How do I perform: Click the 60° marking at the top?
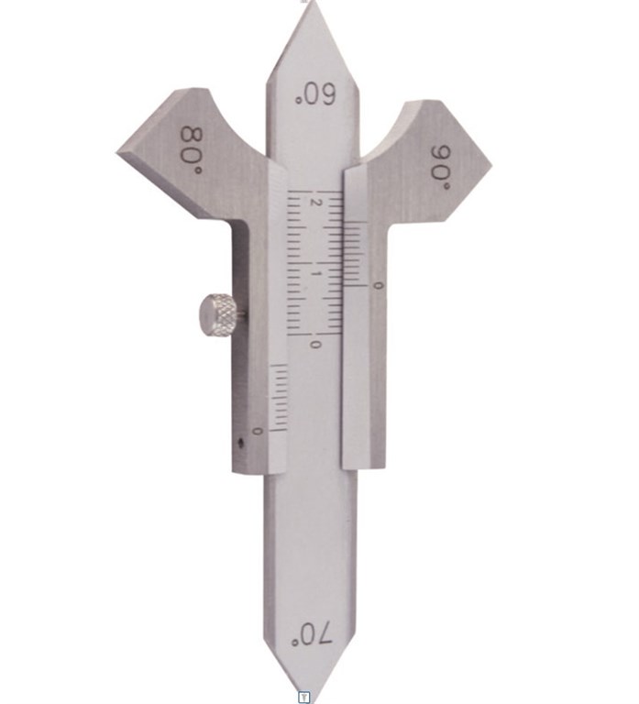click(x=313, y=93)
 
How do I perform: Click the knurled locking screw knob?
click(x=215, y=313)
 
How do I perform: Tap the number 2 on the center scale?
click(x=316, y=202)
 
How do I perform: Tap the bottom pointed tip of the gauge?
click(x=306, y=688)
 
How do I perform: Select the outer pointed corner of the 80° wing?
click(x=120, y=149)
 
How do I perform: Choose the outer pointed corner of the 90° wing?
click(x=490, y=165)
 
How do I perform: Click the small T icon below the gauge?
click(x=305, y=698)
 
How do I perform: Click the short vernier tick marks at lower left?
click(x=278, y=394)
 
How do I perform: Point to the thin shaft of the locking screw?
click(x=238, y=313)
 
